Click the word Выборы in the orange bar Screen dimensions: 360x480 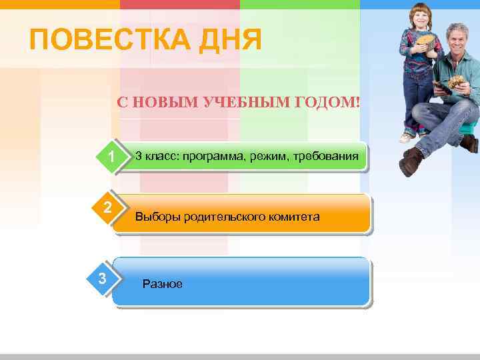point(156,217)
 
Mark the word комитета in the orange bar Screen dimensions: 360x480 point(293,217)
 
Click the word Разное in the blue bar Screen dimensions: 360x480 point(163,284)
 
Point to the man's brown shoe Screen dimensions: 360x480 point(411,162)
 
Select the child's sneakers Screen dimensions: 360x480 point(413,135)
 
